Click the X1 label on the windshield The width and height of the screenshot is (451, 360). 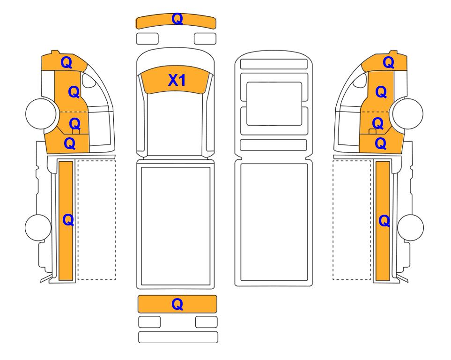pyautogui.click(x=177, y=80)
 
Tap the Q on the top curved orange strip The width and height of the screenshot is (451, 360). pyautogui.click(x=177, y=19)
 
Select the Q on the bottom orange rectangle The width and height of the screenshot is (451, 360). pyautogui.click(x=177, y=304)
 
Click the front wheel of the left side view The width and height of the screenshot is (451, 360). pyautogui.click(x=41, y=113)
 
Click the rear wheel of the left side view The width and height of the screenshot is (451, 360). pyautogui.click(x=38, y=227)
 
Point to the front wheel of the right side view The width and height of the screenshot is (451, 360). pyautogui.click(x=408, y=113)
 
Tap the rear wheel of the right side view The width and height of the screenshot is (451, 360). pyautogui.click(x=410, y=227)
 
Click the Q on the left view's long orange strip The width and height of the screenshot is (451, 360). pyautogui.click(x=68, y=220)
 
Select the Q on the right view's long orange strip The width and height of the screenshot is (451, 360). pyautogui.click(x=384, y=221)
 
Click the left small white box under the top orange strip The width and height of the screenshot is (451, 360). pyautogui.click(x=147, y=38)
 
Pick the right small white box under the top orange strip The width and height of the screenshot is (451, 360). pyautogui.click(x=205, y=38)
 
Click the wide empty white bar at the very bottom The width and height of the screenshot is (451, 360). pyautogui.click(x=178, y=337)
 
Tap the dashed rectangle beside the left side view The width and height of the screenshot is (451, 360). pyautogui.click(x=96, y=220)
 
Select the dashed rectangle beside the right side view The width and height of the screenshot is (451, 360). pyautogui.click(x=352, y=220)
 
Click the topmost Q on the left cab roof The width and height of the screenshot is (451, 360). pyautogui.click(x=67, y=62)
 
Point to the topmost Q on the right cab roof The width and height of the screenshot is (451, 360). pyautogui.click(x=389, y=62)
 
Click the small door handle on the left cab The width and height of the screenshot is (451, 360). pyautogui.click(x=76, y=132)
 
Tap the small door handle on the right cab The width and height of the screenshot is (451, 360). pyautogui.click(x=372, y=132)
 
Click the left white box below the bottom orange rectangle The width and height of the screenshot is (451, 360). pyautogui.click(x=149, y=322)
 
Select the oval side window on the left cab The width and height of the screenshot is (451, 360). pyautogui.click(x=89, y=80)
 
